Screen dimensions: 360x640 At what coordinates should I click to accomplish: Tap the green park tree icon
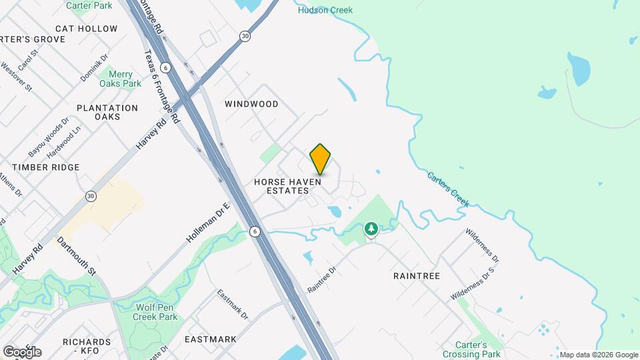click(x=371, y=230)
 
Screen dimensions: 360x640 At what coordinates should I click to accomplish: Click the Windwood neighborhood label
click(x=251, y=104)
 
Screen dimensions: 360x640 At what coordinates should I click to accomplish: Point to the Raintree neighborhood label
click(x=417, y=275)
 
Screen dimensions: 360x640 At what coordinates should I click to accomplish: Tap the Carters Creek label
click(x=448, y=189)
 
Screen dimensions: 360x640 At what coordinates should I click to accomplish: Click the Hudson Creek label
click(x=325, y=10)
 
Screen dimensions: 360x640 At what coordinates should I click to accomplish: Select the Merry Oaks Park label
click(x=121, y=79)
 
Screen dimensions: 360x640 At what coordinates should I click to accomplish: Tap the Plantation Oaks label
click(x=107, y=112)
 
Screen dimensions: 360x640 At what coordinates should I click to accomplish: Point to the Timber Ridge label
click(x=45, y=167)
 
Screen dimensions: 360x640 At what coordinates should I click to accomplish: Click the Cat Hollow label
click(x=87, y=29)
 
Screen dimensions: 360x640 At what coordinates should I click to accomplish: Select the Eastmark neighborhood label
click(x=210, y=339)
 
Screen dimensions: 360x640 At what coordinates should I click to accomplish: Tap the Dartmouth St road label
click(x=77, y=257)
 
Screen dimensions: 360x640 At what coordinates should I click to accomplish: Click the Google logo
click(x=22, y=351)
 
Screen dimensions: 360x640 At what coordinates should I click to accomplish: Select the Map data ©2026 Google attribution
click(x=599, y=355)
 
